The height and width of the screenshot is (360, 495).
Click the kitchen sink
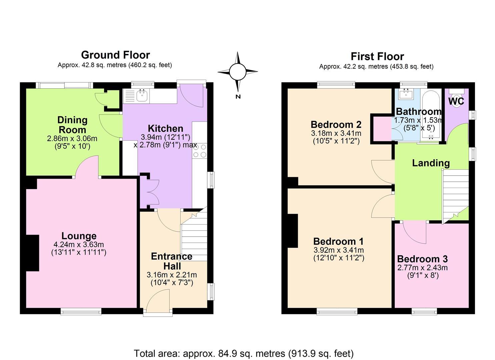[x=142, y=96]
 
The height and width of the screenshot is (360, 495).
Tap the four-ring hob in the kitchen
[x=200, y=151]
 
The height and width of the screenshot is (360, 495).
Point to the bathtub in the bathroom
[x=431, y=115]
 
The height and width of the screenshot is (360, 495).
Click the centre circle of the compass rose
[x=238, y=72]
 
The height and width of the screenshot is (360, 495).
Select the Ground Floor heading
[x=115, y=55]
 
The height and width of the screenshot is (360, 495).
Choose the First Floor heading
[x=377, y=56]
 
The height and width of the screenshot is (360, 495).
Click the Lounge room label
[x=79, y=236]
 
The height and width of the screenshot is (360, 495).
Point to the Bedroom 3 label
[x=422, y=259]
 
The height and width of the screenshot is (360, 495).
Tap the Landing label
[x=431, y=163]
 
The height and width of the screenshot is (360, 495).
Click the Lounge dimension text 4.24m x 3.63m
[x=79, y=244]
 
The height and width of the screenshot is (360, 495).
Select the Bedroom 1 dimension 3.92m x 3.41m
[x=339, y=250]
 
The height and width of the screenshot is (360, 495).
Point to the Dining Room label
[x=72, y=125]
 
